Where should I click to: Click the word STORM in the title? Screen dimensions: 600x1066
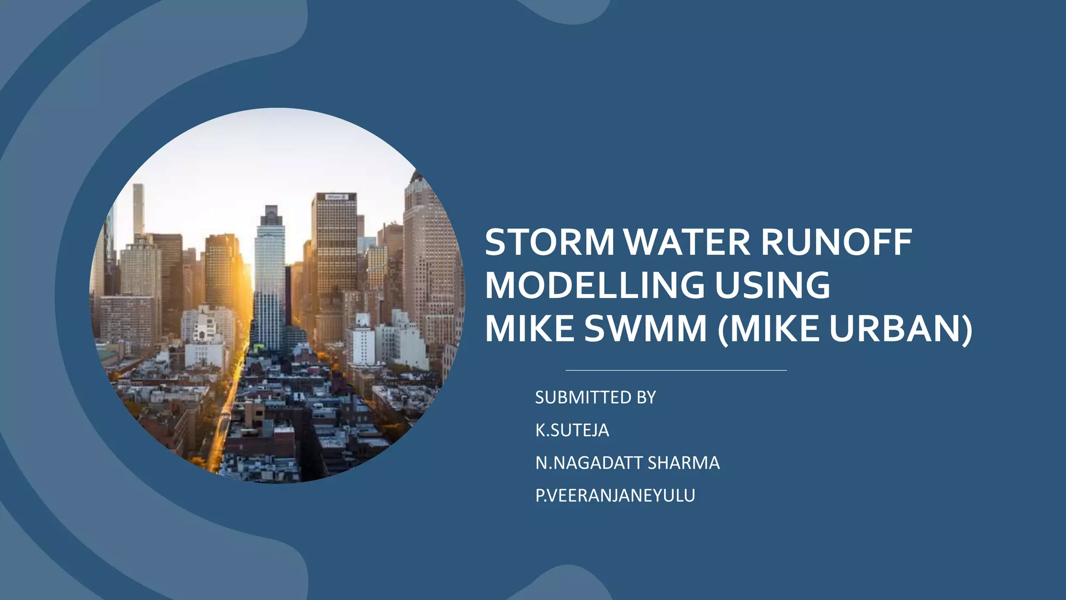coord(550,242)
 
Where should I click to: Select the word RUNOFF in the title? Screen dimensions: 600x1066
coord(836,242)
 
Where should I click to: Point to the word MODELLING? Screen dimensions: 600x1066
coord(594,285)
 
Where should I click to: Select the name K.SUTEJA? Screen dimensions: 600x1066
coord(572,430)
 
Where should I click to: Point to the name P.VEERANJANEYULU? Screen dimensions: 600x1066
coord(615,495)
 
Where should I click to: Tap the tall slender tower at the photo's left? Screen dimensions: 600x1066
coord(138,208)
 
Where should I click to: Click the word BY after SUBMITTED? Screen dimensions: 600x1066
coord(646,397)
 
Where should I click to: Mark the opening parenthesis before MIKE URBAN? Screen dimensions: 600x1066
coord(724,329)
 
